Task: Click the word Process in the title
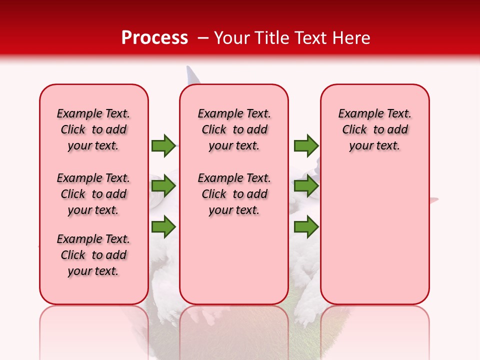pyautogui.click(x=154, y=37)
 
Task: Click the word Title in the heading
pyautogui.click(x=270, y=37)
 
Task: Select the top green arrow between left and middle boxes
pyautogui.click(x=163, y=145)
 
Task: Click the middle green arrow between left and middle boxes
pyautogui.click(x=163, y=186)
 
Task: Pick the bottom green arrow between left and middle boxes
pyautogui.click(x=163, y=226)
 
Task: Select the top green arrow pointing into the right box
pyautogui.click(x=306, y=145)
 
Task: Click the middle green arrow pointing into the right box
pyautogui.click(x=306, y=186)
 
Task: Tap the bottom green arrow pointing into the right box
pyautogui.click(x=306, y=226)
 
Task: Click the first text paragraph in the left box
pyautogui.click(x=93, y=129)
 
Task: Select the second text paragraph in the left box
pyautogui.click(x=93, y=194)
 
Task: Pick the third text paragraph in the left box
pyautogui.click(x=93, y=255)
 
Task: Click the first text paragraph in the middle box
pyautogui.click(x=234, y=129)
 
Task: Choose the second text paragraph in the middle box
pyautogui.click(x=234, y=194)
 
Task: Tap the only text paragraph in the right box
pyautogui.click(x=374, y=129)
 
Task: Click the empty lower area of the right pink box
pyautogui.click(x=374, y=235)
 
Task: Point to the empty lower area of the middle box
pyautogui.click(x=234, y=260)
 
